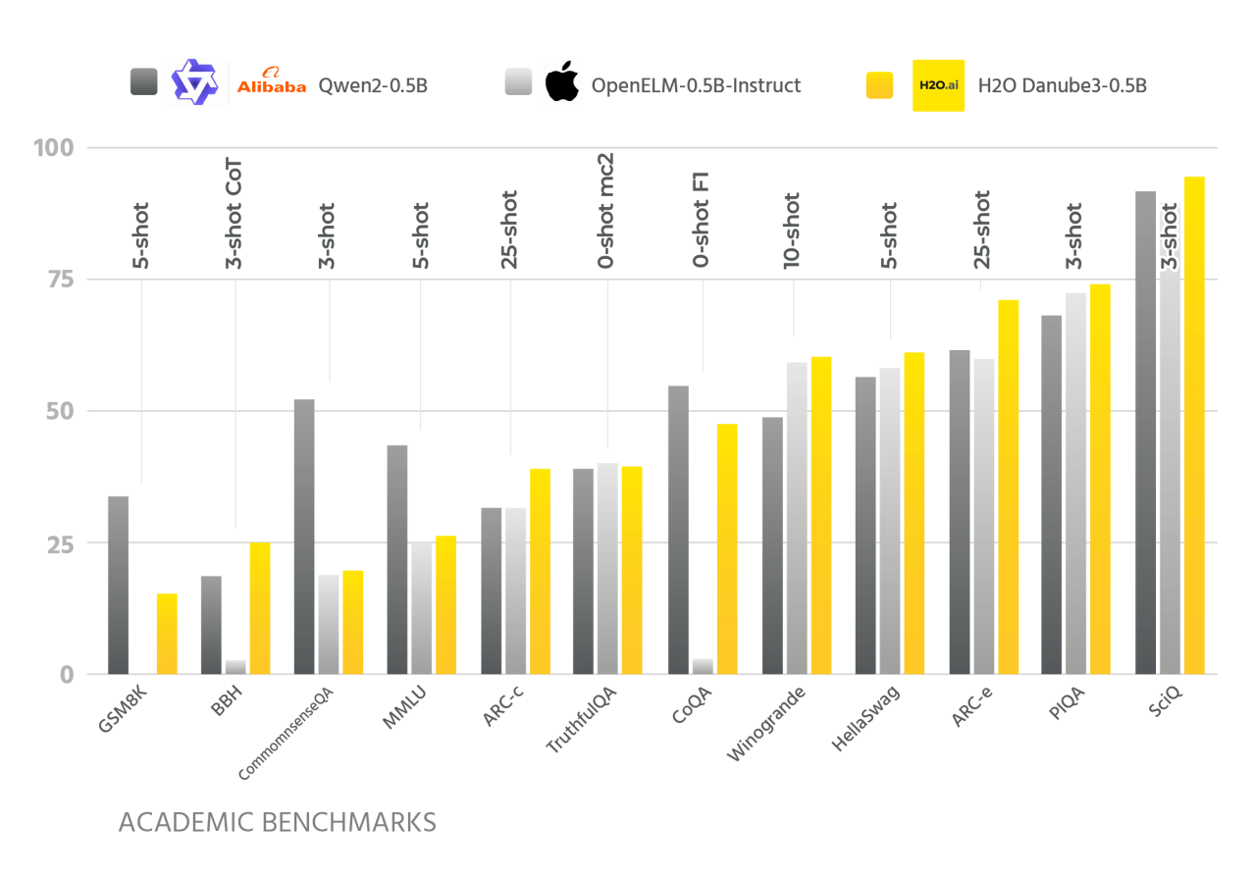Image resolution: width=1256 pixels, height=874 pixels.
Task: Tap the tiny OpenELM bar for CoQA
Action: point(703,666)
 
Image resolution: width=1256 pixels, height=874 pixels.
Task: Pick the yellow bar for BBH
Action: point(259,608)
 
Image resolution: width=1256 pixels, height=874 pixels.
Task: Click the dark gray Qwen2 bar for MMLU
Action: point(397,559)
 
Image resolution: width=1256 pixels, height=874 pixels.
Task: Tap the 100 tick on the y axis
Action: point(54,148)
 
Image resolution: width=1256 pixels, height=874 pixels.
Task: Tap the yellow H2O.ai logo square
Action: point(938,85)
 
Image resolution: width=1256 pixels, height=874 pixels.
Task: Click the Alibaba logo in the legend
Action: point(272,85)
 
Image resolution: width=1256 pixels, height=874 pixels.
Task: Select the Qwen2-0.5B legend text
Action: point(372,85)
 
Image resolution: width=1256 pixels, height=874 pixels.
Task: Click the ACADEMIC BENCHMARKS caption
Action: point(278,821)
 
